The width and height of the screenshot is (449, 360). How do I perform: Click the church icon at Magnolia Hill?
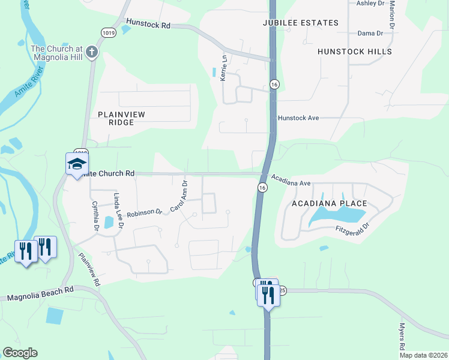[91, 52]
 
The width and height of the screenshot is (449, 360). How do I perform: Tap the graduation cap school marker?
[77, 164]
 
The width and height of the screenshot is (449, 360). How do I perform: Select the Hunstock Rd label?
[148, 26]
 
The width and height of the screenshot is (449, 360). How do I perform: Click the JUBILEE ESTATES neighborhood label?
[301, 23]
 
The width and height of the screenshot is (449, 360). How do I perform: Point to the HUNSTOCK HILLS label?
[355, 52]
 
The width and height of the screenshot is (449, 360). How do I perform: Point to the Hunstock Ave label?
[298, 118]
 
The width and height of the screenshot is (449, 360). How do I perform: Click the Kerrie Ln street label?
[224, 68]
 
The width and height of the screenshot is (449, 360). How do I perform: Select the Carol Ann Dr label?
[179, 196]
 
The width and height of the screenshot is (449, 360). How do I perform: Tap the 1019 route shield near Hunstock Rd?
[109, 32]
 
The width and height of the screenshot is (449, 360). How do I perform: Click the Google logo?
[20, 353]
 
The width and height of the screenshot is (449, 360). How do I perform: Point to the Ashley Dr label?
[370, 3]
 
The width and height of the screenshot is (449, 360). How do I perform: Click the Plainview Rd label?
[89, 268]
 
